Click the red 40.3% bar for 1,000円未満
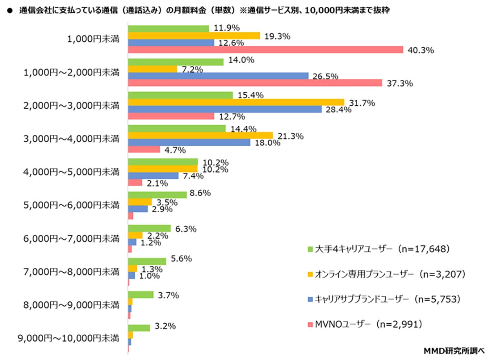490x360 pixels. (265, 50)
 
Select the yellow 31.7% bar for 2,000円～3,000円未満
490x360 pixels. (236, 102)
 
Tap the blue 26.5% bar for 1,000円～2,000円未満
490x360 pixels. (218, 76)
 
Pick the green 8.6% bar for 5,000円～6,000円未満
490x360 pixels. (157, 195)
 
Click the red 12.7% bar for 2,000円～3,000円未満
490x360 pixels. (171, 116)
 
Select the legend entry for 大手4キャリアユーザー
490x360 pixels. (382, 249)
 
